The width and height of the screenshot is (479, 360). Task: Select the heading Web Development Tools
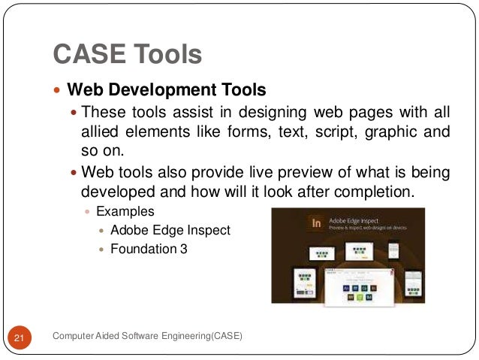tap(167, 91)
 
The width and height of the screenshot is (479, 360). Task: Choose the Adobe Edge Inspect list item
tap(170, 230)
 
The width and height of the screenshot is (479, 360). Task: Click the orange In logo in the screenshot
tap(316, 223)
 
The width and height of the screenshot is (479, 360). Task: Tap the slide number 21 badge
tap(20, 339)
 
